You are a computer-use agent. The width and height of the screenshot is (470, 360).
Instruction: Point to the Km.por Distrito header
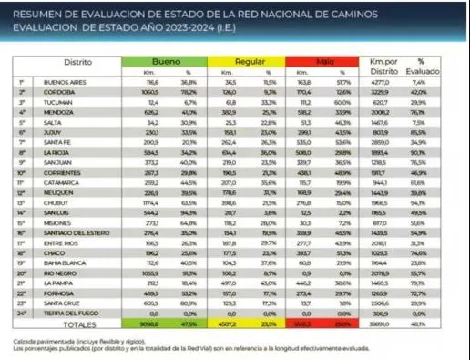[381, 64]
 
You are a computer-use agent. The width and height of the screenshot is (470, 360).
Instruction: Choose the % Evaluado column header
[427, 64]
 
